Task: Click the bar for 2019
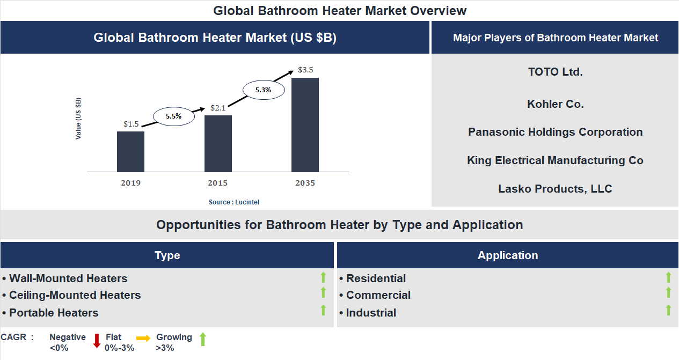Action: (130, 151)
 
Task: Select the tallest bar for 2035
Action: (305, 124)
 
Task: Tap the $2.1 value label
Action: (218, 108)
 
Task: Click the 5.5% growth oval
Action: (173, 116)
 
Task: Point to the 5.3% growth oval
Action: (263, 90)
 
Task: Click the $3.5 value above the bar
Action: (305, 70)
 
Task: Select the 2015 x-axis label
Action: (218, 183)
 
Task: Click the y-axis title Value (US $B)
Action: (78, 119)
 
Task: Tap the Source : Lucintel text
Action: (234, 202)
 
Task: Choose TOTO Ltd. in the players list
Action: (555, 72)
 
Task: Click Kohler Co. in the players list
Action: (555, 104)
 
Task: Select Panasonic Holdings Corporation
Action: (555, 132)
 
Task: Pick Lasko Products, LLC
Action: (555, 189)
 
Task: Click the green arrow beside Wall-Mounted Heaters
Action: (323, 277)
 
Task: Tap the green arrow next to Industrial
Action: (668, 310)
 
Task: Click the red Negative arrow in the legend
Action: (97, 341)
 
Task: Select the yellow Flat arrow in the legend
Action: (143, 339)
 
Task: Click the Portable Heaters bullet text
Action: (54, 313)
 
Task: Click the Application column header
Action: (508, 255)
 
